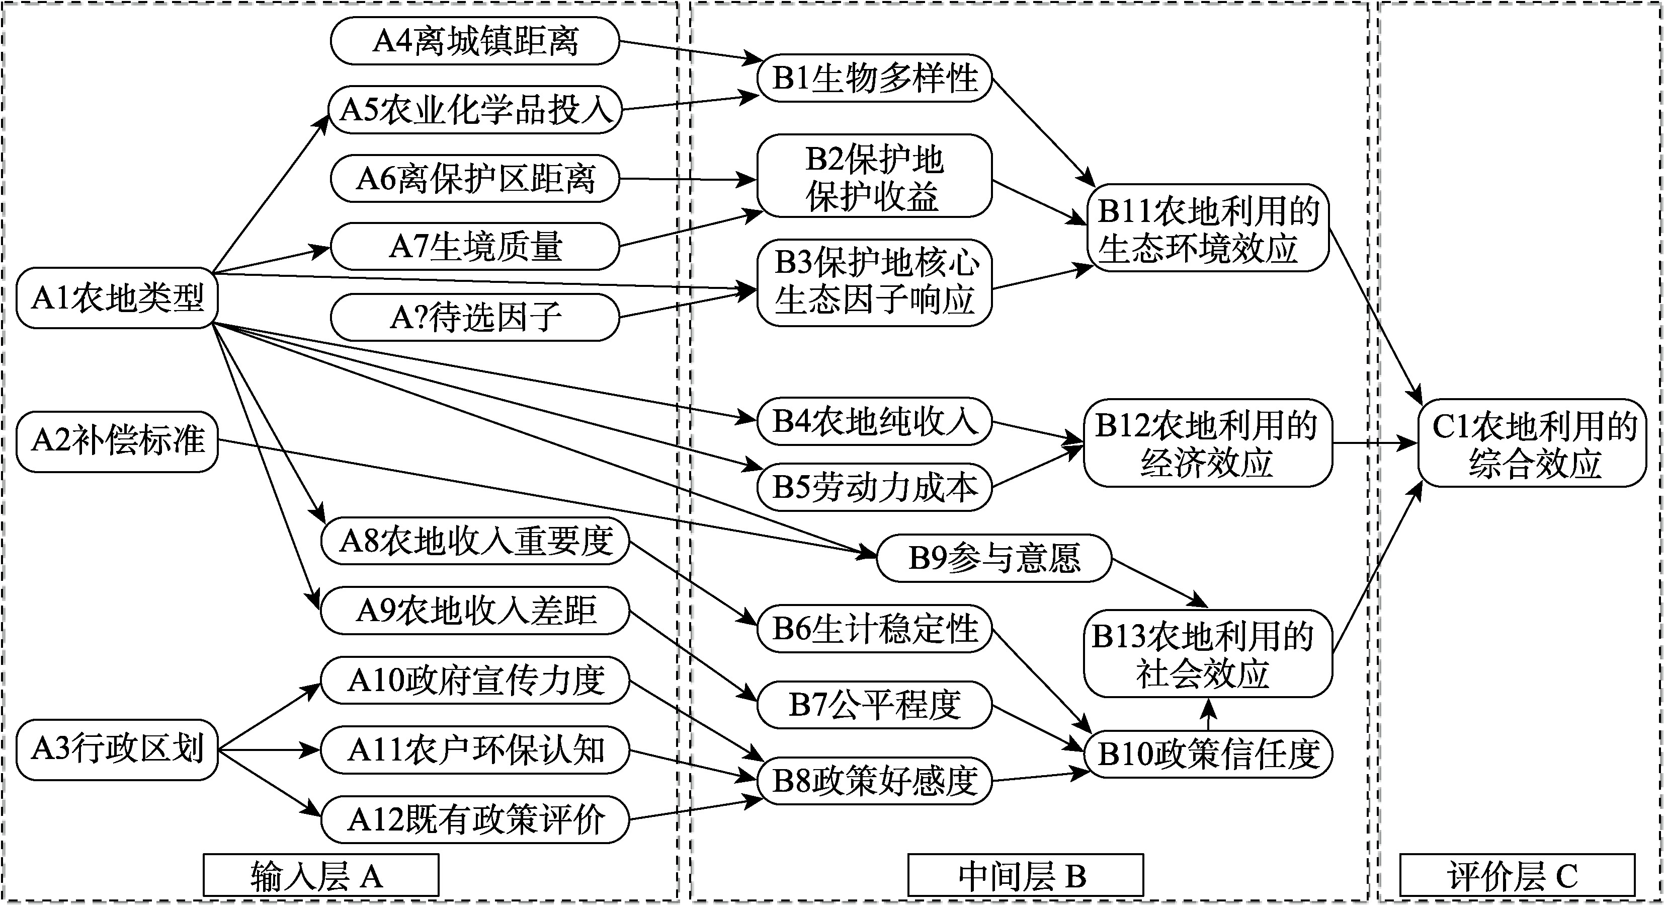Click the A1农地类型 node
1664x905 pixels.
(x=117, y=298)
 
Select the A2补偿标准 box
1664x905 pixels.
(x=117, y=441)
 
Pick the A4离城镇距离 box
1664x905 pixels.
(x=475, y=41)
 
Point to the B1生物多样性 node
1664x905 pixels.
(x=874, y=78)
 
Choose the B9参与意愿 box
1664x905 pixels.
(x=994, y=557)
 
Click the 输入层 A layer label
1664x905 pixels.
(x=320, y=876)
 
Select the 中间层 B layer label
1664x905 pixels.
(x=1025, y=876)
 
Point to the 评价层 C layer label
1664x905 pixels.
(x=1517, y=876)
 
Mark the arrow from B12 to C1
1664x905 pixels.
(x=1375, y=443)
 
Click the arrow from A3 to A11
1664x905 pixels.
(x=269, y=750)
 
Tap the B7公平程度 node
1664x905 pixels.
(x=874, y=704)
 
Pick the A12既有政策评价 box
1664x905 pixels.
(x=475, y=819)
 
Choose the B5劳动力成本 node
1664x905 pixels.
(x=874, y=487)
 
